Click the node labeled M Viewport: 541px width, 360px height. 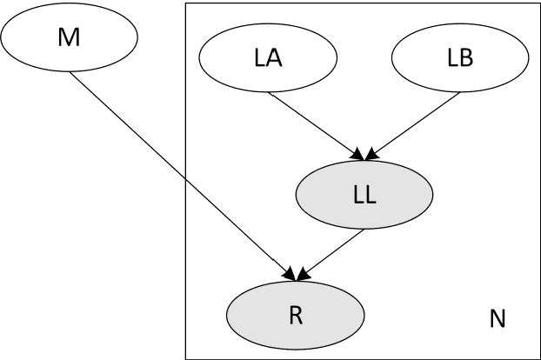point(70,37)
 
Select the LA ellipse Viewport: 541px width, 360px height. point(268,59)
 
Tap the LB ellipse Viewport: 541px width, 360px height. point(459,59)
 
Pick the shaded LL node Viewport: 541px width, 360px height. point(364,195)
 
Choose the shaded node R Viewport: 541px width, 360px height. point(294,312)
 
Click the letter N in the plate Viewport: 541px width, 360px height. point(497,319)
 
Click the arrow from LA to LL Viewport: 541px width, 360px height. point(315,124)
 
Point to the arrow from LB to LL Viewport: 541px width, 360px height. point(412,124)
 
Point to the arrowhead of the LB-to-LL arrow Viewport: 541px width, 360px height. point(371,157)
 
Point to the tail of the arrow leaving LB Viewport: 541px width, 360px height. point(458,91)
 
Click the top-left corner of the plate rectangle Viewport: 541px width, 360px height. point(185,3)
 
